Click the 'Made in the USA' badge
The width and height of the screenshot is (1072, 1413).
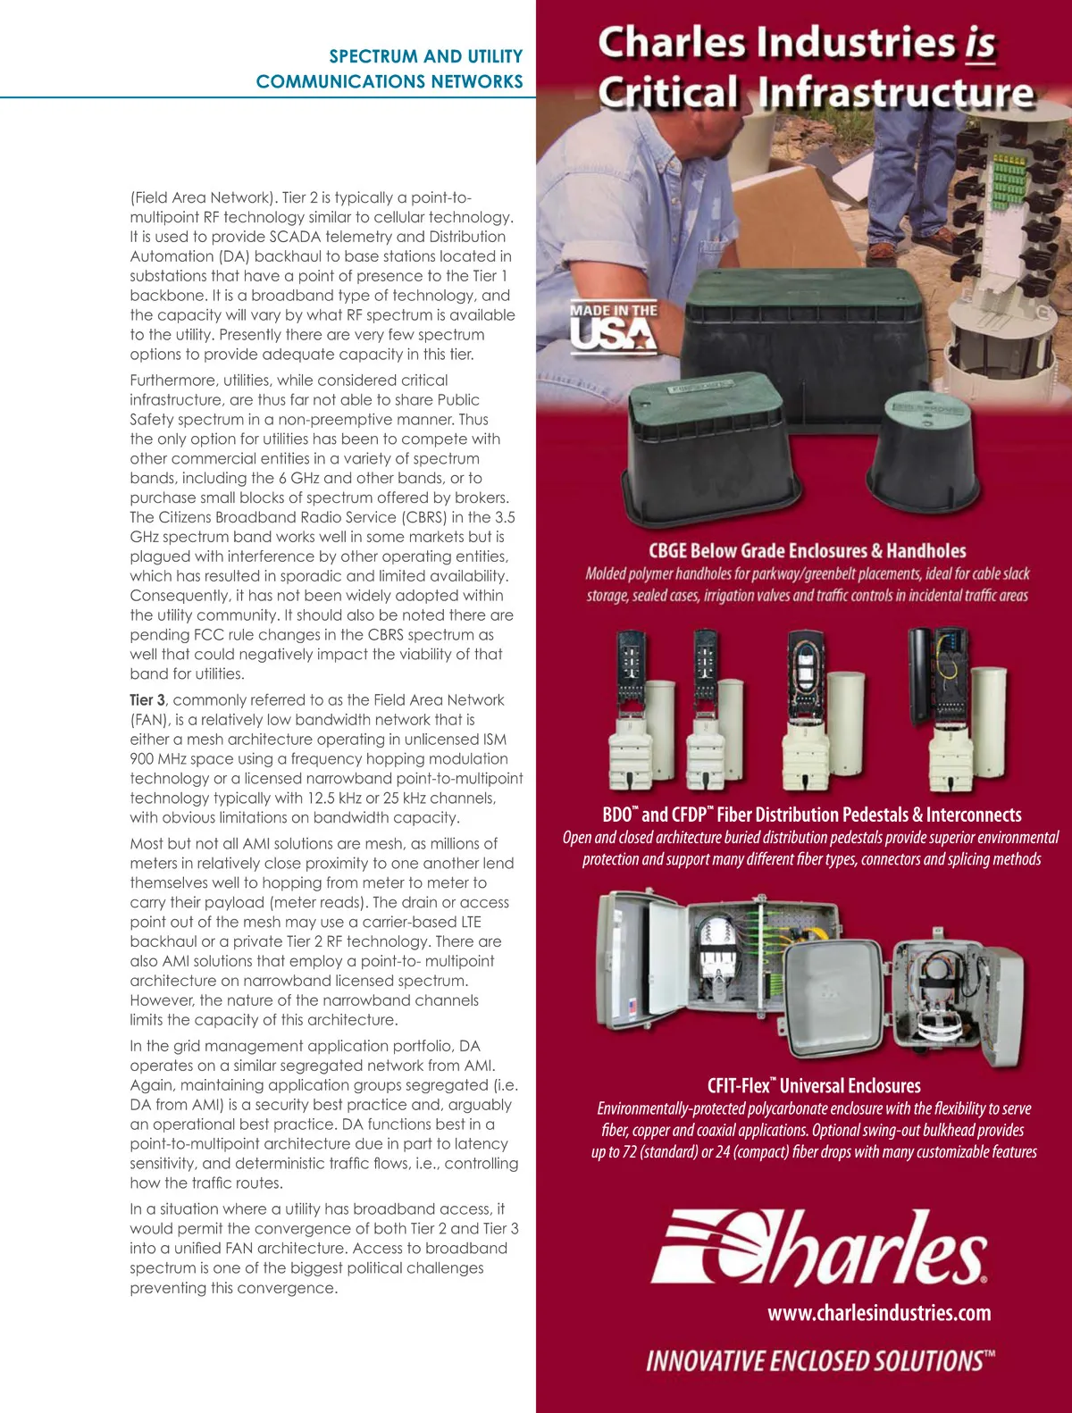pos(614,327)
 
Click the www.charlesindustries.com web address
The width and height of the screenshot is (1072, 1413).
pos(879,1313)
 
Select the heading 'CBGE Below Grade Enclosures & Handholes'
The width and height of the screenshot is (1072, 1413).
pos(808,550)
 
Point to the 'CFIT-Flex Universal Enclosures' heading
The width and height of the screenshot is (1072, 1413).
pos(814,1085)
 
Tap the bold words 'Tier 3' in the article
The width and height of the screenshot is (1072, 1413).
pos(147,699)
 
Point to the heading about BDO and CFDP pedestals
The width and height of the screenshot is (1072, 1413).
pos(812,815)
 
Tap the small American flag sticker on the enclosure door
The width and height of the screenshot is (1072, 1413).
pos(632,1006)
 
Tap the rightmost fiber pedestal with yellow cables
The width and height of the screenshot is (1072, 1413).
pos(958,709)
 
